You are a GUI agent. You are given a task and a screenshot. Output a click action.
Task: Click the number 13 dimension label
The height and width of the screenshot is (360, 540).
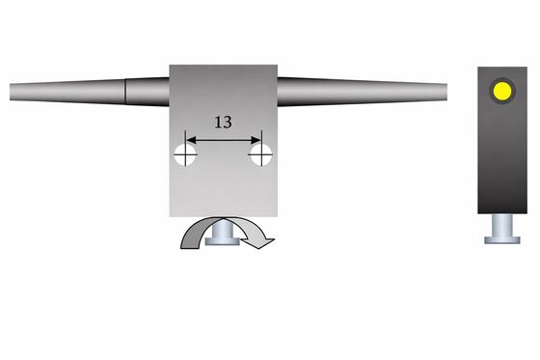tap(223, 122)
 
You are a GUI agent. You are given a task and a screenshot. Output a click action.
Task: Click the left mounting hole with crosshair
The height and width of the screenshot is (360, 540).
tap(185, 154)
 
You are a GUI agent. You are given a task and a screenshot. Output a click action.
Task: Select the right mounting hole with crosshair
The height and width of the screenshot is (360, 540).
tap(261, 154)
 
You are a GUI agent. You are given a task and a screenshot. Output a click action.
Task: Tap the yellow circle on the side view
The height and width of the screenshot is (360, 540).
tap(502, 91)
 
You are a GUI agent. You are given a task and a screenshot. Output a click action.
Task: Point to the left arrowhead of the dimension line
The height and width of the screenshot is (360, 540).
tap(191, 140)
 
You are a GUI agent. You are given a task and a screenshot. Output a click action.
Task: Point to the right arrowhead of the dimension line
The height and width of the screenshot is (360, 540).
tap(256, 140)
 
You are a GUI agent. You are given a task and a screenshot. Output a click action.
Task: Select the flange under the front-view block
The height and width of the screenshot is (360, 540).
tap(223, 241)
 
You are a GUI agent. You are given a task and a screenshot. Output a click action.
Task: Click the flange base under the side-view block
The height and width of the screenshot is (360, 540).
tap(502, 240)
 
